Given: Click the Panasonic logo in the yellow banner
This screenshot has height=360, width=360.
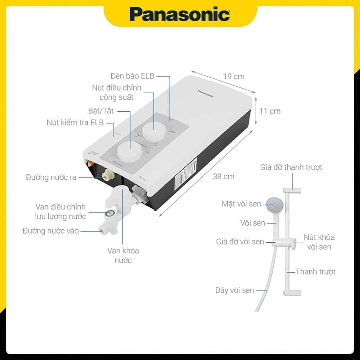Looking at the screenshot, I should click(x=180, y=14).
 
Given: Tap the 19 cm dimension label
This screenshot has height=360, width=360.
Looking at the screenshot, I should click(x=234, y=76).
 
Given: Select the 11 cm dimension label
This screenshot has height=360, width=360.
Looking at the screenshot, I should click(x=270, y=111).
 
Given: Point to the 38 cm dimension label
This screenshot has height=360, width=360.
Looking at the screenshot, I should click(x=224, y=176).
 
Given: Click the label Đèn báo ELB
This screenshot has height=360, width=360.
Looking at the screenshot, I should click(x=132, y=76).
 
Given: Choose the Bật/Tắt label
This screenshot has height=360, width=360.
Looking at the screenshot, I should click(x=101, y=111).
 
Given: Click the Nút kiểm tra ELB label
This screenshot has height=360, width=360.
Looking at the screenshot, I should click(x=75, y=122).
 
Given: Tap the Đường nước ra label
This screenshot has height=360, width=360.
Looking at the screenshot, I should click(x=51, y=177).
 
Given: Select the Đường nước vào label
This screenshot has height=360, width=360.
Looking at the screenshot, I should click(x=50, y=231).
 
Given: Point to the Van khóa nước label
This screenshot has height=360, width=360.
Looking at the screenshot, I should click(x=123, y=255).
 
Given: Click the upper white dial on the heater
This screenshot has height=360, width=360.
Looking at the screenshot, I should click(x=153, y=132).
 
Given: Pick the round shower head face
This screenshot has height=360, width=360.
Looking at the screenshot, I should click(x=274, y=205).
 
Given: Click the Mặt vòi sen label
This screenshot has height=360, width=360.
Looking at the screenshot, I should click(x=241, y=204).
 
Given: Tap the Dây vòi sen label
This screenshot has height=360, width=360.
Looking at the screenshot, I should click(x=235, y=290).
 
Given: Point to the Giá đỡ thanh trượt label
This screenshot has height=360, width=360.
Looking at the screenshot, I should click(x=291, y=167).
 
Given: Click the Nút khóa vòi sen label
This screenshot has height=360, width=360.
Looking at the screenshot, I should click(x=319, y=242).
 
